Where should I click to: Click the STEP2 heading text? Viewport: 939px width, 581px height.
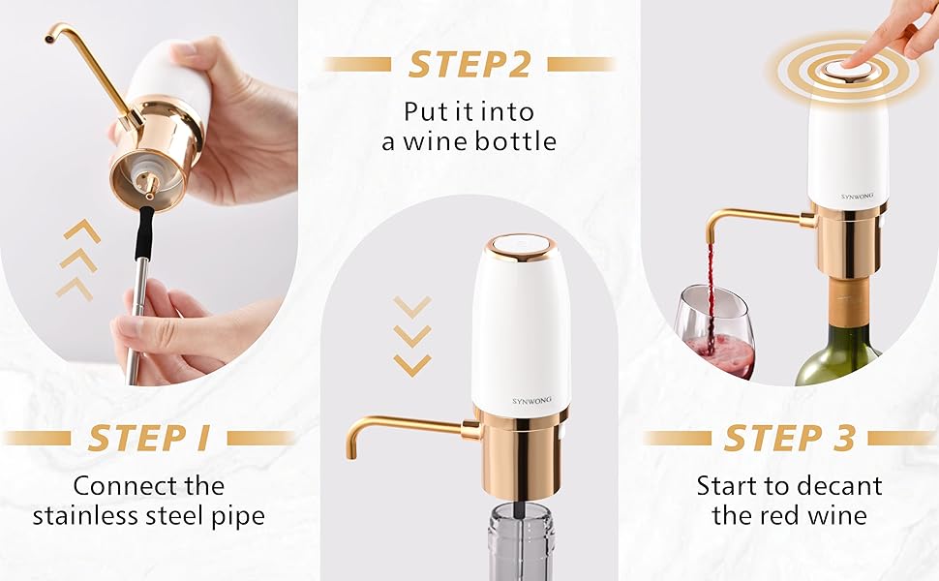(469, 64)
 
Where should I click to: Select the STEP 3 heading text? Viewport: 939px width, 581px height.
(789, 438)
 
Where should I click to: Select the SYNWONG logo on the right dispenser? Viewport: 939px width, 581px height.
(851, 194)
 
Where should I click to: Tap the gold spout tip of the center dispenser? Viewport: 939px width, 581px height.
(351, 451)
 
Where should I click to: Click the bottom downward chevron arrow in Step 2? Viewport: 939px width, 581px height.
(412, 365)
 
